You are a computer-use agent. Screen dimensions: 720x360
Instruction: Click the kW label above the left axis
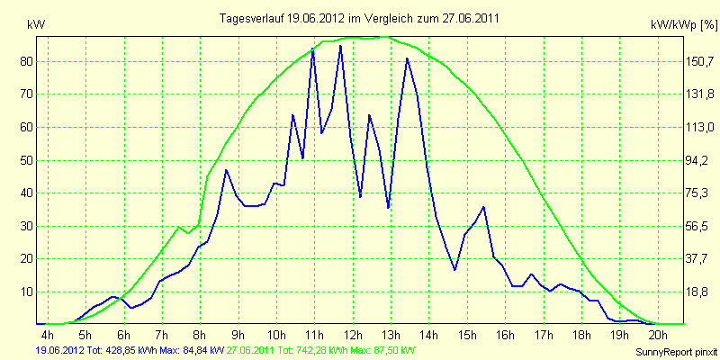coord(36,26)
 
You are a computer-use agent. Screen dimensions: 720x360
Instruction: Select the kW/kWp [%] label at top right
coord(683,26)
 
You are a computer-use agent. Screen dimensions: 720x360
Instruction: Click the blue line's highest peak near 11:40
coord(340,46)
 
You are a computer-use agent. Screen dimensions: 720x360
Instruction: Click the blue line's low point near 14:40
coord(454,270)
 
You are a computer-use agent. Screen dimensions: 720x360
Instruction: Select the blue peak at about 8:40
coord(226,170)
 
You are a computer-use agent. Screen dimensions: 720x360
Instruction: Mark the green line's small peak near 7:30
coord(178,227)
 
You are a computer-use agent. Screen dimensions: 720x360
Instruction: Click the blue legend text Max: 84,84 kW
coord(194,350)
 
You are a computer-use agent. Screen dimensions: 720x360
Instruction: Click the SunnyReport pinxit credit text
coord(677,352)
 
